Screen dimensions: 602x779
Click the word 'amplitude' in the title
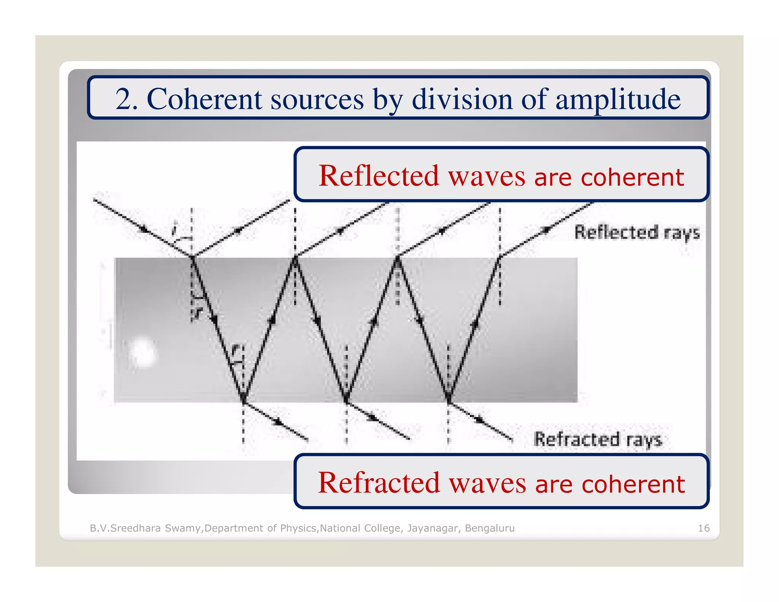point(618,100)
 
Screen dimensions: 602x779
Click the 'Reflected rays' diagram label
point(637,233)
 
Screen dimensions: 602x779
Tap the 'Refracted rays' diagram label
point(598,439)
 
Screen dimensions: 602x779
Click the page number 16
point(704,528)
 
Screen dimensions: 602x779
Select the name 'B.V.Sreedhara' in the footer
point(125,528)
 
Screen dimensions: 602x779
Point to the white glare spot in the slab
point(143,352)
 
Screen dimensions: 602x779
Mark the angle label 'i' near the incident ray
point(174,230)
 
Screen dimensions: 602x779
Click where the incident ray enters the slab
point(192,257)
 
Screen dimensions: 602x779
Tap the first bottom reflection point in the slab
point(243,400)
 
